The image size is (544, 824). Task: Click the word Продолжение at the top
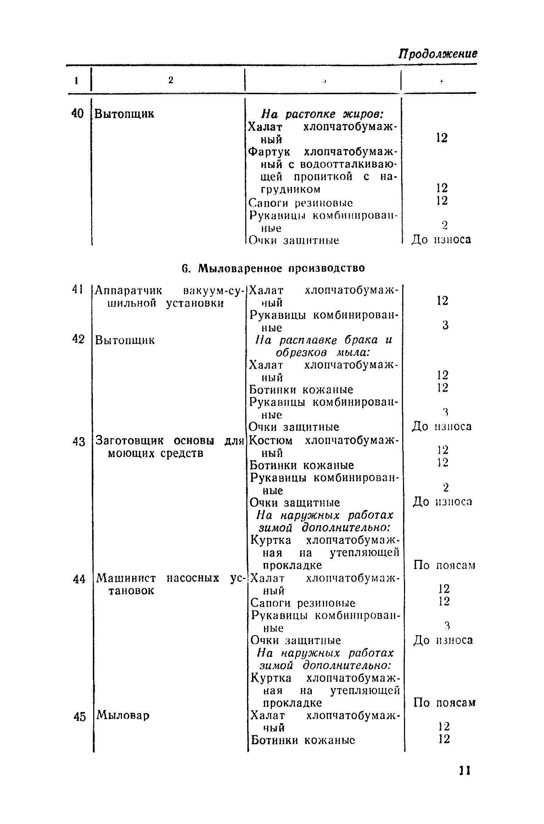coord(438,54)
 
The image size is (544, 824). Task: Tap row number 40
coord(77,114)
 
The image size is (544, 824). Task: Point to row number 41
coord(77,289)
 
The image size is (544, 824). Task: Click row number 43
coord(79,442)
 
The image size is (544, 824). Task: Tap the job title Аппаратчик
coord(129,291)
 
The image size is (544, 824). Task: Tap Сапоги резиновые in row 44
coord(303,603)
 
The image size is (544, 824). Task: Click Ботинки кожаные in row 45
coord(303,740)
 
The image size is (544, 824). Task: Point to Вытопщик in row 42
coord(125,340)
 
